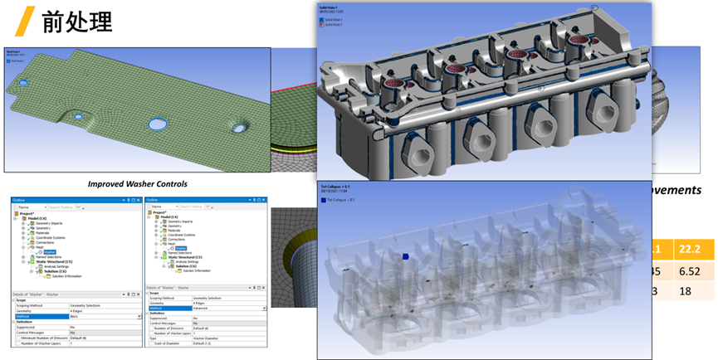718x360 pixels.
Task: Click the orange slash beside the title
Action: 27,20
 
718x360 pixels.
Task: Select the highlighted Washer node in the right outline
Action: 181,247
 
